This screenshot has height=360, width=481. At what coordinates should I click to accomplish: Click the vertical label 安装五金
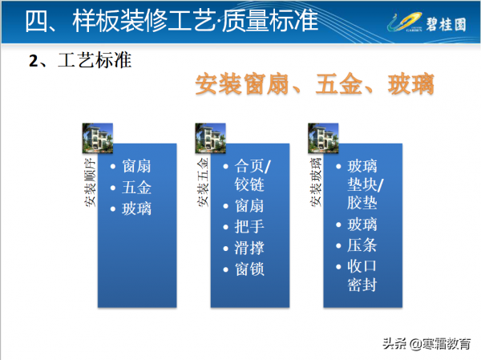point(202,182)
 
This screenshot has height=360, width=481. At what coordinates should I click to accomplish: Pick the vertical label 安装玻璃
point(315,182)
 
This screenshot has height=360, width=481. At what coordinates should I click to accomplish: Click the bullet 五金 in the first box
point(136,188)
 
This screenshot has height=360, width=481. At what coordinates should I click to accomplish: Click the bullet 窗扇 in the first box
point(136,167)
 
